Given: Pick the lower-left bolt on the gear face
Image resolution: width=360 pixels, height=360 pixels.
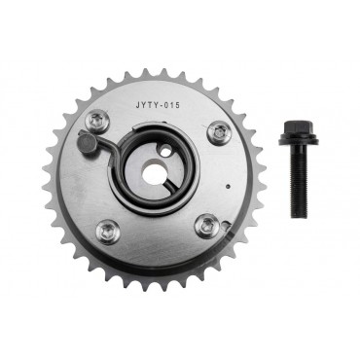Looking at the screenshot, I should [x=107, y=231].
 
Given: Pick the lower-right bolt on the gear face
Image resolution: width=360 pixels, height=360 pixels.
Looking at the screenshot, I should [x=206, y=227].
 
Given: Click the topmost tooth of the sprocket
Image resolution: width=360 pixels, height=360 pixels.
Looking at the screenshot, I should [x=146, y=74].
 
